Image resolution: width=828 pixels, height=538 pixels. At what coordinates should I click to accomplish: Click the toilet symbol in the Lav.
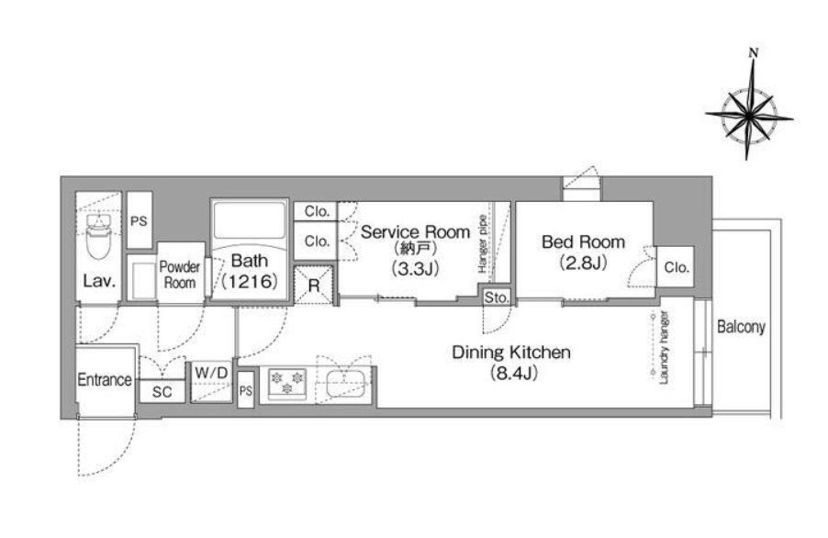[x=99, y=236]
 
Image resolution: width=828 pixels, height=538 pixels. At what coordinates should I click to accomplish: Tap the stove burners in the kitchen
[x=287, y=383]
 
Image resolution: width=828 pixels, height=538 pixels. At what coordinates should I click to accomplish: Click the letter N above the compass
[x=754, y=53]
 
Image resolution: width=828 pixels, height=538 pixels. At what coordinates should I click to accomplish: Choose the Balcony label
[x=741, y=327]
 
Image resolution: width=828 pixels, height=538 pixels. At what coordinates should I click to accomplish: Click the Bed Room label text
[x=583, y=241]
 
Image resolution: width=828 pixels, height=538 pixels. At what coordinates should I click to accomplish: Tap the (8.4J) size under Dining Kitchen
[x=513, y=374]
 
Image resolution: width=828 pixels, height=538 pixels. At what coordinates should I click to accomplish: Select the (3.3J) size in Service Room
[x=415, y=269]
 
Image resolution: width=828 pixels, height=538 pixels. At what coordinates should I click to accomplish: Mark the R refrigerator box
[x=314, y=286]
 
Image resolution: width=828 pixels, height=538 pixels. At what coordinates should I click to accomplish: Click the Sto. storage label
[x=497, y=297]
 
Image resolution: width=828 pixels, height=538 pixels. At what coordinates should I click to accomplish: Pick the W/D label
[x=211, y=373]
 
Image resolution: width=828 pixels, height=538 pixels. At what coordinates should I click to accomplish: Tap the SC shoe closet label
[x=162, y=392]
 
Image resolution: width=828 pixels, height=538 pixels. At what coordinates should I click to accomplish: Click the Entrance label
[x=105, y=379]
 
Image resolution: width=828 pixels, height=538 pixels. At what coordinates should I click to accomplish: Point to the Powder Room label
[x=180, y=275]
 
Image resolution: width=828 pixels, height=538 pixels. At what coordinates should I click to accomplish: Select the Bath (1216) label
[x=250, y=270]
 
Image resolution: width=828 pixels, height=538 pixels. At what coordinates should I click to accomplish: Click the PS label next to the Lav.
[x=139, y=221]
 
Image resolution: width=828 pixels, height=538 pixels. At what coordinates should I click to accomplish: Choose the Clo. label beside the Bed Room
[x=677, y=267]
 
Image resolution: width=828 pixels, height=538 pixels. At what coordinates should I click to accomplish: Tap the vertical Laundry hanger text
[x=665, y=347]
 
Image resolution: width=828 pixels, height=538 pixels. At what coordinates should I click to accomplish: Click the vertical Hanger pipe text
[x=482, y=243]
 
